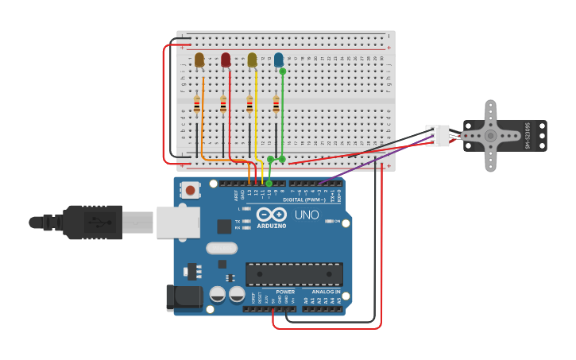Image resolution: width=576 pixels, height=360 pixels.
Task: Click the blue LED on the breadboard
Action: pyautogui.click(x=278, y=59)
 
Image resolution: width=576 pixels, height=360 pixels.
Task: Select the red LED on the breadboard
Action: pyautogui.click(x=226, y=60)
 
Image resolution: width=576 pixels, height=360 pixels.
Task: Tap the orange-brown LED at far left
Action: pyautogui.click(x=199, y=60)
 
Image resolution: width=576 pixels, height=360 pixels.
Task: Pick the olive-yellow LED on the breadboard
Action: pyautogui.click(x=252, y=60)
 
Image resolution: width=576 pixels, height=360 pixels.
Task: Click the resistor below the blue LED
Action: pyautogui.click(x=276, y=105)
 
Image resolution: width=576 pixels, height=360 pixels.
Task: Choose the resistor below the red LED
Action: pyautogui.click(x=223, y=104)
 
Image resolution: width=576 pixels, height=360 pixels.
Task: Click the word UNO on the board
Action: pyautogui.click(x=306, y=215)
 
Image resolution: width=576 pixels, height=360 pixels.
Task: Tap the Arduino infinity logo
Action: pyautogui.click(x=271, y=215)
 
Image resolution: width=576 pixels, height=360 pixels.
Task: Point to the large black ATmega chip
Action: pyautogui.click(x=294, y=274)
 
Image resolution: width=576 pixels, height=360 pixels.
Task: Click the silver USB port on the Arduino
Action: pyautogui.click(x=177, y=223)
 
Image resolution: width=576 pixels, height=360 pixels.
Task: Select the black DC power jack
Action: pyautogui.click(x=183, y=297)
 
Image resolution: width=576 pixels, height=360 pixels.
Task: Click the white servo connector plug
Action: pyautogui.click(x=438, y=135)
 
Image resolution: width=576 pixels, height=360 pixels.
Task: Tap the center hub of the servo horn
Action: pyautogui.click(x=490, y=136)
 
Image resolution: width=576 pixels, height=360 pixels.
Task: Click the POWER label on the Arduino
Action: pyautogui.click(x=285, y=292)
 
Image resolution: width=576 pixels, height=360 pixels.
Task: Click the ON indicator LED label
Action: pyautogui.click(x=336, y=221)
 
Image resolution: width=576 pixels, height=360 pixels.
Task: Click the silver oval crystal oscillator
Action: pyautogui.click(x=222, y=248)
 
